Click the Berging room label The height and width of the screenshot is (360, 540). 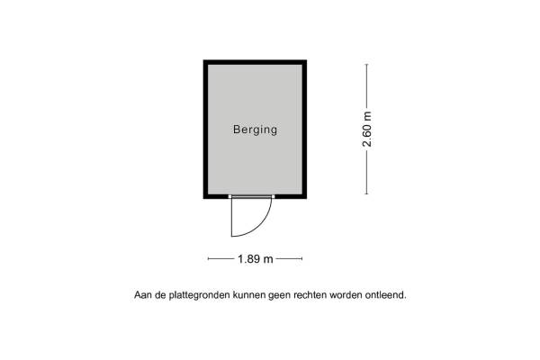256,130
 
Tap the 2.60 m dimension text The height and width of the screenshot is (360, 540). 367,130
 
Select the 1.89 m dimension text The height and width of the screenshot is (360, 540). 256,258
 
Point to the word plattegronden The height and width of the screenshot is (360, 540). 199,295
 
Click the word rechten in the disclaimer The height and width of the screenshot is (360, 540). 310,295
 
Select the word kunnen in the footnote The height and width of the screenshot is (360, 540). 249,295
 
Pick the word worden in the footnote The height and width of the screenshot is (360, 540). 346,295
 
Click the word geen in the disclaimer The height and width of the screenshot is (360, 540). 279,295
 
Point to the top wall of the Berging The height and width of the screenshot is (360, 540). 256,62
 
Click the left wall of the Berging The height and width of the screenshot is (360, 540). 205,130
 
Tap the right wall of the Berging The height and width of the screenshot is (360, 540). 305,130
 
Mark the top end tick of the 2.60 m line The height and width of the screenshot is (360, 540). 366,65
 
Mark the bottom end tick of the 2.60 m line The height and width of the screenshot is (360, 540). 366,194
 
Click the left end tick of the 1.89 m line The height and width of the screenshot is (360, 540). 209,258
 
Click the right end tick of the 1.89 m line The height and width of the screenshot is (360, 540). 302,258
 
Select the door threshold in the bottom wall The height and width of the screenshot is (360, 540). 251,197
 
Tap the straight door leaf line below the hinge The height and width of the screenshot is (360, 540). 231,217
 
